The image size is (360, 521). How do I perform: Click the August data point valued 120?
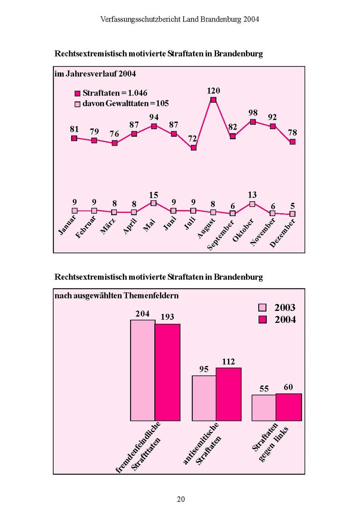pos(213,100)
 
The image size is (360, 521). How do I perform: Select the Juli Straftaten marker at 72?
pos(194,148)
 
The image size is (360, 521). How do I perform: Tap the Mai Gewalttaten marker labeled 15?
pos(154,203)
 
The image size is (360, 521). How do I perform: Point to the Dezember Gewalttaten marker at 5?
pos(292,214)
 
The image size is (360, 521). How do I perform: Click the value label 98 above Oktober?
pos(253,113)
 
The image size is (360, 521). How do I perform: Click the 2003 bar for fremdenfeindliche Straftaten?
pos(142,370)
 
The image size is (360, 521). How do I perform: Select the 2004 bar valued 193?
pos(168,372)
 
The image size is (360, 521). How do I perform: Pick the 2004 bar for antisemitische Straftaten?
pos(228,394)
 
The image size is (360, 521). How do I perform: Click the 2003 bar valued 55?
pos(264,408)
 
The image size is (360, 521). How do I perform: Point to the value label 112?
pos(228,362)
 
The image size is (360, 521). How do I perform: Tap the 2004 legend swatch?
pos(262,320)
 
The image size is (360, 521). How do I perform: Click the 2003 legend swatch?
pos(262,307)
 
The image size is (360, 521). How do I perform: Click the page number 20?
pos(181,499)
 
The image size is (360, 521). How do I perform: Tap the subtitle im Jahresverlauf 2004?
pos(95,74)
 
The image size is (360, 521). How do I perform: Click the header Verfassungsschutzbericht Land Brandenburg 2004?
pos(180,19)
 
